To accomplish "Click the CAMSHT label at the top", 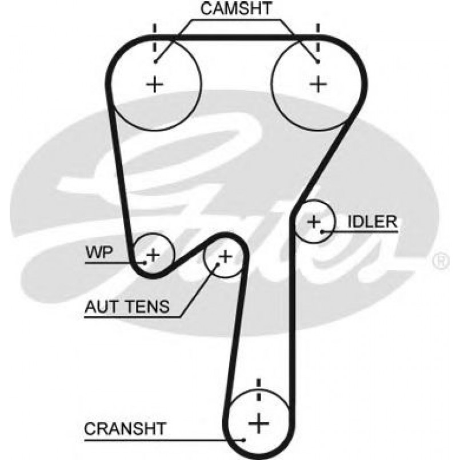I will pyautogui.click(x=229, y=9).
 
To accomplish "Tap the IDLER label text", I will pyautogui.click(x=372, y=222).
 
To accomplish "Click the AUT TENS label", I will pyautogui.click(x=127, y=307).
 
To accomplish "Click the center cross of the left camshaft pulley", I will pyautogui.click(x=154, y=85).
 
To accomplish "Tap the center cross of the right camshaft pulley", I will pyautogui.click(x=318, y=85).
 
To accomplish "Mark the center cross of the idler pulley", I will pyautogui.click(x=314, y=221).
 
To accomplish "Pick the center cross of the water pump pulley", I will pyautogui.click(x=153, y=253).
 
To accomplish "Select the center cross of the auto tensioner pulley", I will pyautogui.click(x=225, y=256).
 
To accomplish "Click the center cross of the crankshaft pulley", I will pyautogui.click(x=259, y=423).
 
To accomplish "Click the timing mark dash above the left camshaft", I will pyautogui.click(x=154, y=30).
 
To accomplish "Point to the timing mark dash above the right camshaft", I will pyautogui.click(x=318, y=30).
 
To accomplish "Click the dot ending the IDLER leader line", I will pyautogui.click(x=323, y=231).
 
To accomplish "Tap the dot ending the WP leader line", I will pyautogui.click(x=146, y=262).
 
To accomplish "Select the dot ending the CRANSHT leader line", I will pyautogui.click(x=243, y=439).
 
